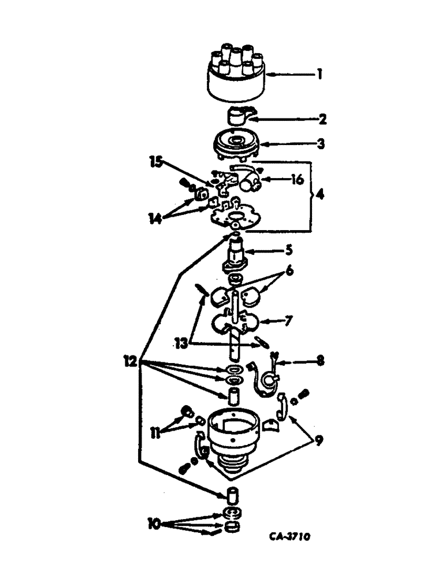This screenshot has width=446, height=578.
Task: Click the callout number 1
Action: pyautogui.click(x=318, y=75)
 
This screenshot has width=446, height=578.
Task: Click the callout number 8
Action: pyautogui.click(x=320, y=362)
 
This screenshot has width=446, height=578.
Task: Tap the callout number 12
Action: pyautogui.click(x=131, y=362)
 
